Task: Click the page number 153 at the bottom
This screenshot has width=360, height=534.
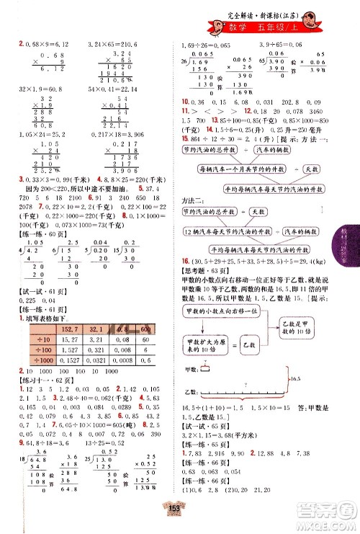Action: click(180, 523)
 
